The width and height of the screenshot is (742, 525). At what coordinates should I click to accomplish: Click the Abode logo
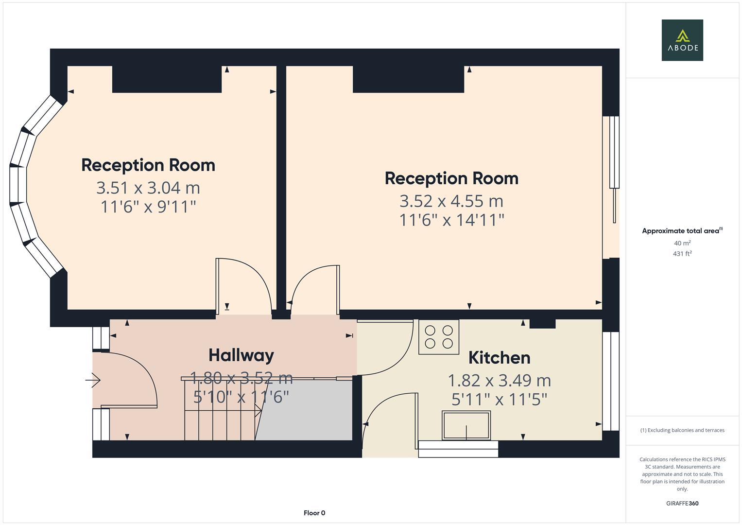[682, 40]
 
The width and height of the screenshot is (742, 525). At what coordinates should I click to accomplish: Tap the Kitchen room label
[499, 358]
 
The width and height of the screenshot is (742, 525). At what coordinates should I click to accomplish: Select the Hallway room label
[241, 355]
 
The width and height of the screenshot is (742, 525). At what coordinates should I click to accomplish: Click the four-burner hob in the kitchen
[439, 337]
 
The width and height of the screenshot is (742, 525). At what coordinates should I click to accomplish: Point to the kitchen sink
[466, 425]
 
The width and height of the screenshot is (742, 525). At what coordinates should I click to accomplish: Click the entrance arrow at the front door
[93, 380]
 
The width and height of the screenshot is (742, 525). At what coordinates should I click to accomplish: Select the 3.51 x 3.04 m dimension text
[148, 188]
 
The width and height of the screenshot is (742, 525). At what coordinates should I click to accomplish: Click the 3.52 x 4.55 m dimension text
[451, 201]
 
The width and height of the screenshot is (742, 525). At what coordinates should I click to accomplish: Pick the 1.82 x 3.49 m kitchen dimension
[499, 380]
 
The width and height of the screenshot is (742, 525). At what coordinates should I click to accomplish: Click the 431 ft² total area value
[682, 253]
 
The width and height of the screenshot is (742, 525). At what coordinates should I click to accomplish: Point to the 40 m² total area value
[682, 243]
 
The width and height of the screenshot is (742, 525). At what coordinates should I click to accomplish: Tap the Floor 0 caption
[314, 513]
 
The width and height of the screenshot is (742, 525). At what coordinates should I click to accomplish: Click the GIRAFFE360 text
[682, 503]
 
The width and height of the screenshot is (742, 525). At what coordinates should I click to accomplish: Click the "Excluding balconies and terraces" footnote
[682, 430]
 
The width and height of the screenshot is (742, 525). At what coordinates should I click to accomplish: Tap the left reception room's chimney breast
[167, 79]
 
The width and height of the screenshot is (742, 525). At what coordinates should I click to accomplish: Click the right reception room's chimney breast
[408, 79]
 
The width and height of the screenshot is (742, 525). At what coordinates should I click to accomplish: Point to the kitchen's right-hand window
[611, 381]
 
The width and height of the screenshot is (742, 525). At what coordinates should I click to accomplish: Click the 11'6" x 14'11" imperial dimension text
[451, 220]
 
